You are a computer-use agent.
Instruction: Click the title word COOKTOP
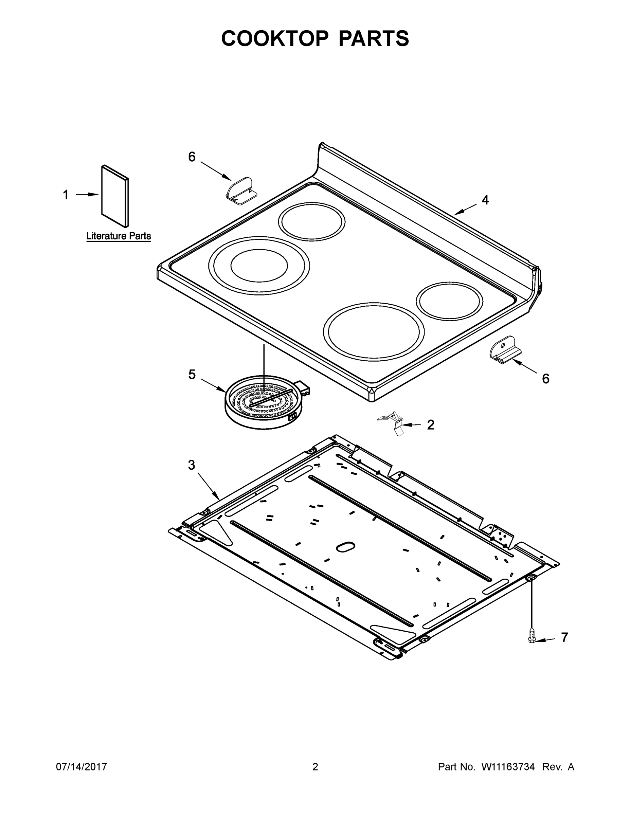(x=275, y=38)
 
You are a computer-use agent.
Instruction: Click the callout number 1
(x=66, y=195)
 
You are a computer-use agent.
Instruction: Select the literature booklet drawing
(x=114, y=196)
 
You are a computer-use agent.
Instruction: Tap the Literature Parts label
(x=119, y=236)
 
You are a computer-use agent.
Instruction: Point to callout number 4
(x=485, y=200)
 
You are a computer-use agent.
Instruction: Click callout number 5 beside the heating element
(x=192, y=374)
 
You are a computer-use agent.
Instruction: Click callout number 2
(x=431, y=425)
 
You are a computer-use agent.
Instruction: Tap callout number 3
(x=192, y=465)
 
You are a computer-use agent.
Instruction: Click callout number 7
(x=564, y=637)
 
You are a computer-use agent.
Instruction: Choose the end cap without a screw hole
(x=240, y=191)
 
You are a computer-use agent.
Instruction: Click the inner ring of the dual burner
(x=259, y=265)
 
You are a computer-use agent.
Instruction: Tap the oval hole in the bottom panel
(x=346, y=547)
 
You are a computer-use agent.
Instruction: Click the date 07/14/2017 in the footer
(x=82, y=767)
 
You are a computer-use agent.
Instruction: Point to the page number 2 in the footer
(x=315, y=767)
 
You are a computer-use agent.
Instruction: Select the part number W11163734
(x=508, y=767)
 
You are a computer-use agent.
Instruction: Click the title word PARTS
(x=373, y=38)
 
